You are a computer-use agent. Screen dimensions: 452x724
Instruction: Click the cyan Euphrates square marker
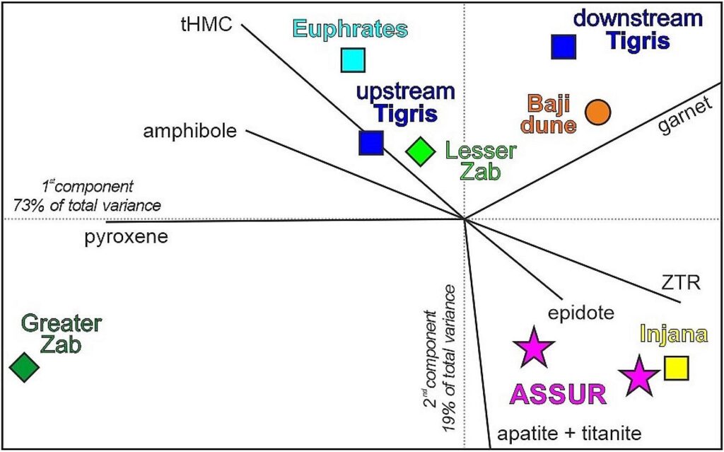pyautogui.click(x=352, y=60)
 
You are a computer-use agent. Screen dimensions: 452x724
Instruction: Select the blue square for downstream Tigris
pyautogui.click(x=564, y=46)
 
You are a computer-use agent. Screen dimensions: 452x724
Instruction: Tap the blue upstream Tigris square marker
pyautogui.click(x=371, y=142)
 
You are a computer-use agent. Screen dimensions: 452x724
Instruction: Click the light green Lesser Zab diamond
pyautogui.click(x=420, y=151)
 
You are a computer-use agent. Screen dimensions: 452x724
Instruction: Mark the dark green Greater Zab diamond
pyautogui.click(x=25, y=366)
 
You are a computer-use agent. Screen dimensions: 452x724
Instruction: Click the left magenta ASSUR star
pyautogui.click(x=532, y=348)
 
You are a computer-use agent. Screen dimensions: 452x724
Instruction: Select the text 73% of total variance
pyautogui.click(x=86, y=205)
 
